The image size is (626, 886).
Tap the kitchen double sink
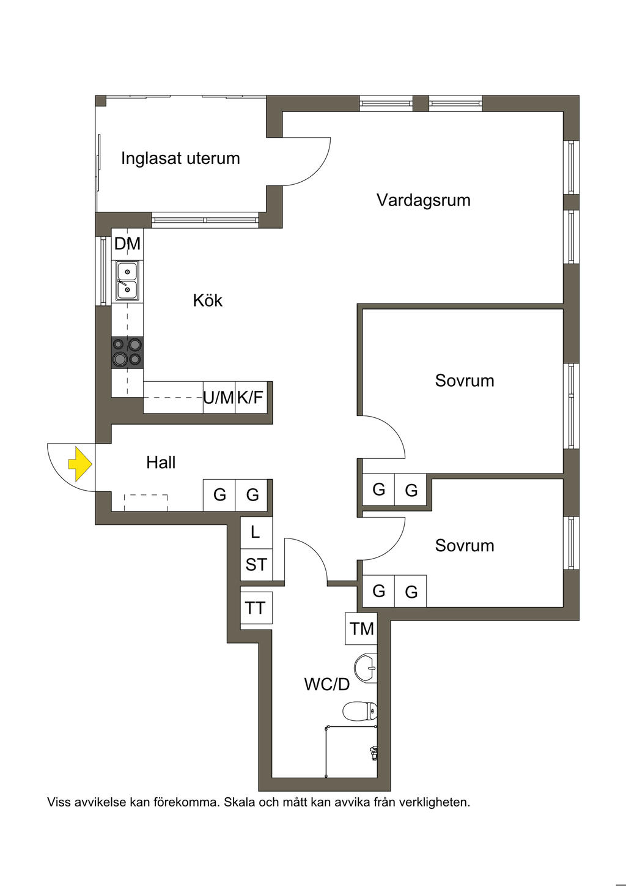coord(127,281)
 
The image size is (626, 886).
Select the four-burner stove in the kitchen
coord(127,352)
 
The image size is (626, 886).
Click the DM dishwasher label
coord(127,244)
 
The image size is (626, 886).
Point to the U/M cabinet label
coord(218,398)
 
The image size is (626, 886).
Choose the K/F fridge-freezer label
coord(250,398)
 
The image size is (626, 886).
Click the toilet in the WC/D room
coord(359,711)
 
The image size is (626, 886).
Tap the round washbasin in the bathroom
coord(366,668)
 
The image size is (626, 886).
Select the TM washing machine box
coord(361,628)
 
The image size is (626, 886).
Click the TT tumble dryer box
coord(256,608)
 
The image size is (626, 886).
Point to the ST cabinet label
coord(256,564)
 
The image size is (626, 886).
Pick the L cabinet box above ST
coord(256,532)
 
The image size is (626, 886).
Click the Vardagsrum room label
coord(423,200)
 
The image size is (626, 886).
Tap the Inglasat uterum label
coord(180,158)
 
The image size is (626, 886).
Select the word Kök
coord(207,300)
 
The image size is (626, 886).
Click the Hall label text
coord(161,463)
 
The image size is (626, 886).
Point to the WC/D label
coord(327,684)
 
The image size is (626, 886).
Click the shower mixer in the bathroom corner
coord(373,753)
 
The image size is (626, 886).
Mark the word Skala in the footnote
coord(240,802)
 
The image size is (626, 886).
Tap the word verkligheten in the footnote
coord(434,802)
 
